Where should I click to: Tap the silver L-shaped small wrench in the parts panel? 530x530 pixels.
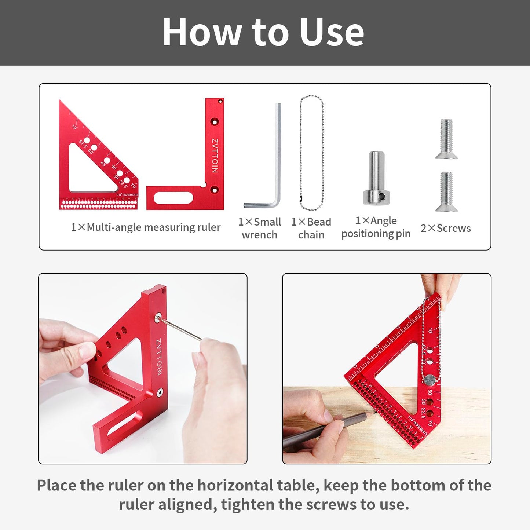(x=278, y=154)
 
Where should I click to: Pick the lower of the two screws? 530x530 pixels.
(x=446, y=191)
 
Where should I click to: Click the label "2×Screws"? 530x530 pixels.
(x=446, y=228)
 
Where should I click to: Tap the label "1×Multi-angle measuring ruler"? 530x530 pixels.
(x=146, y=227)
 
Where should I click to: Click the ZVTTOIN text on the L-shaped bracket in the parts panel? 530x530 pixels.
(x=215, y=156)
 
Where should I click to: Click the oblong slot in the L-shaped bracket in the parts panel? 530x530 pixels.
(x=173, y=198)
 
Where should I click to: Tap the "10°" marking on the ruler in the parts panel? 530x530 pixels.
(x=74, y=127)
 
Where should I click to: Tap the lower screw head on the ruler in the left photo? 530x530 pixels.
(x=160, y=392)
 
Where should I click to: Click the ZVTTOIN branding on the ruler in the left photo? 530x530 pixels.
(x=159, y=357)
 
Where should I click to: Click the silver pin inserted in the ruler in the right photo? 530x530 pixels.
(x=430, y=379)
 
